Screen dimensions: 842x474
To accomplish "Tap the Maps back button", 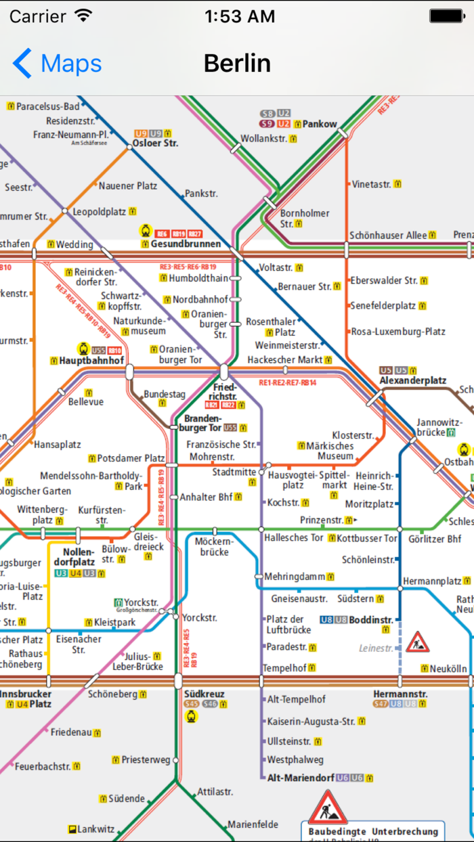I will [x=57, y=64].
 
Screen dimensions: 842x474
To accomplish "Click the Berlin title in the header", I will [x=237, y=64].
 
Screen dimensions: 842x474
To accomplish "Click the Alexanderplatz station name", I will [x=412, y=380].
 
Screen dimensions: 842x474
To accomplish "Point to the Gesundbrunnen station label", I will [x=186, y=244].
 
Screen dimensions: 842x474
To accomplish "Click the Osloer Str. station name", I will [x=155, y=143].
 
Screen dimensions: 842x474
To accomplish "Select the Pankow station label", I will [x=320, y=124].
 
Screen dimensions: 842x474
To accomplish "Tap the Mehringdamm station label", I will [x=295, y=577].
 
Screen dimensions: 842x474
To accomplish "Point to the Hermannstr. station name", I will [x=400, y=694].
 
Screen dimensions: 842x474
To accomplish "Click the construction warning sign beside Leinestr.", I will [x=418, y=642].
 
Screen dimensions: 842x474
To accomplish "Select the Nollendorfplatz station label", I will [x=74, y=556].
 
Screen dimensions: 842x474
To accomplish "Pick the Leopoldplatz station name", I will [x=100, y=211].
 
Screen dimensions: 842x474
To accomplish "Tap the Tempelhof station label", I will [x=284, y=668].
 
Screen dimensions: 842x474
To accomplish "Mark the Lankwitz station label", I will [x=95, y=828].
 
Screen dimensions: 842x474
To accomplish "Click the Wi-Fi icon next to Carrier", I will [x=83, y=16].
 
